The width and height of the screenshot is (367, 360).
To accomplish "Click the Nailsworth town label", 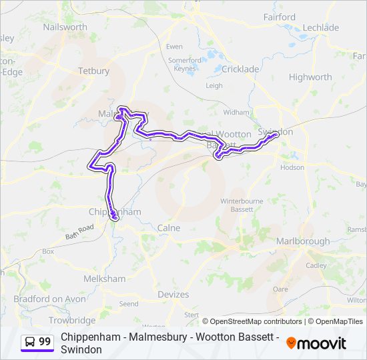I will [65, 27].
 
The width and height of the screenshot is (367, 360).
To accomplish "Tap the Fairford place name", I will [279, 17].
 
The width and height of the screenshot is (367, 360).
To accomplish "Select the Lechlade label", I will [321, 27].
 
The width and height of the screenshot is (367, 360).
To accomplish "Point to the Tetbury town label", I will [93, 71].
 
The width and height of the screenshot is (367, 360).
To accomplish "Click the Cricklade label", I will [240, 69].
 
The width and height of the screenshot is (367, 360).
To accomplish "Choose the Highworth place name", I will [310, 77].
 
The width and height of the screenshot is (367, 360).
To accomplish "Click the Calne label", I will [169, 228].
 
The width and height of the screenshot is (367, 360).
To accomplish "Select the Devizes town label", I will [173, 295].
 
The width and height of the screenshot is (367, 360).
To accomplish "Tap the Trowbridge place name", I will [71, 321].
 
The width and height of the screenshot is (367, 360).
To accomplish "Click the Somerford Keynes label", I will [185, 64].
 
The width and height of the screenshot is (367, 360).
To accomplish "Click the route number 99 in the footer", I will [45, 341].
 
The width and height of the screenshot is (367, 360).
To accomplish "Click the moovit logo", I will [316, 343].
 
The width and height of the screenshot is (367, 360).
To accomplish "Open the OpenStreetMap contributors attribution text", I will [256, 321].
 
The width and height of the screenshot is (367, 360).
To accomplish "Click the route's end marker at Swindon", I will [275, 135].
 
